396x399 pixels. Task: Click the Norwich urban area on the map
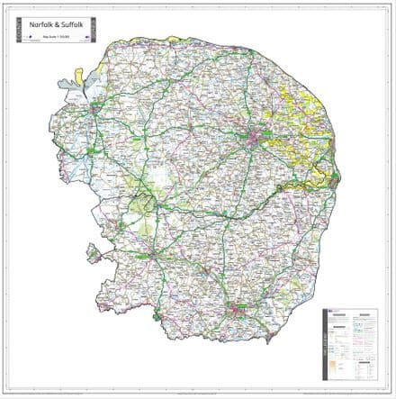[258, 137]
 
